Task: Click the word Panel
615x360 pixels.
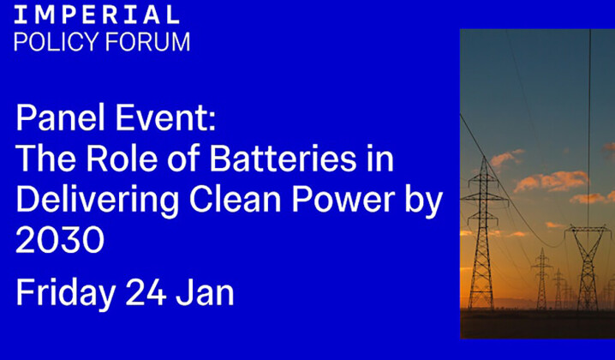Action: pos(55,118)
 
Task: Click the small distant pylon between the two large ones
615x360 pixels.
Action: pos(541,279)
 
